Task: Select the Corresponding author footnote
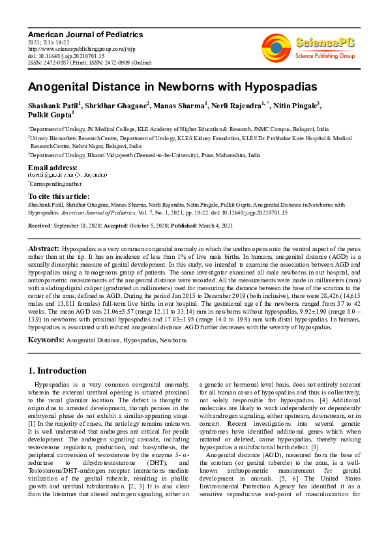tap(56, 184)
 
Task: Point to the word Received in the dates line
tap(40, 224)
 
